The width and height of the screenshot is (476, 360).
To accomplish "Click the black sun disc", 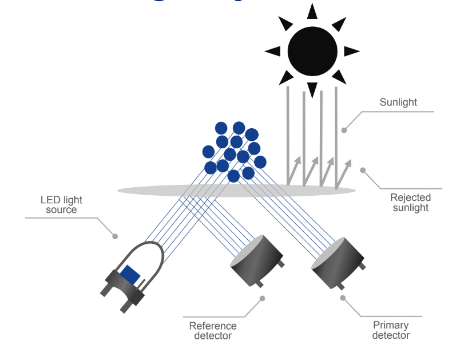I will click(312, 51).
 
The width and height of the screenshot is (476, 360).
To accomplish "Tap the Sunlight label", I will click(398, 102).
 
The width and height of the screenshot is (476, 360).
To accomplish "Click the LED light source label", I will click(61, 205).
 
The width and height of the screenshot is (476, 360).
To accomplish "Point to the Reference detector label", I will click(213, 330).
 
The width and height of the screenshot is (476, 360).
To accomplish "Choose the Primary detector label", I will click(391, 330).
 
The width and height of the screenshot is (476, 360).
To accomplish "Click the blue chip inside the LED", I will click(130, 275).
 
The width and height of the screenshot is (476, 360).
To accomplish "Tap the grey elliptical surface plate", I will click(172, 191).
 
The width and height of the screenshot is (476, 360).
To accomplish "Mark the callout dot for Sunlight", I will click(344, 130).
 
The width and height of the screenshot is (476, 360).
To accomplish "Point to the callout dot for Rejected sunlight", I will click(363, 169).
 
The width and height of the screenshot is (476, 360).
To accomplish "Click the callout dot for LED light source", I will click(115, 236).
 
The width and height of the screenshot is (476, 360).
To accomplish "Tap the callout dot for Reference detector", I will click(263, 298).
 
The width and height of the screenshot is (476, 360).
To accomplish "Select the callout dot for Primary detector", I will click(343, 298).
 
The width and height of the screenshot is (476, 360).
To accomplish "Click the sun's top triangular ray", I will click(312, 11).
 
